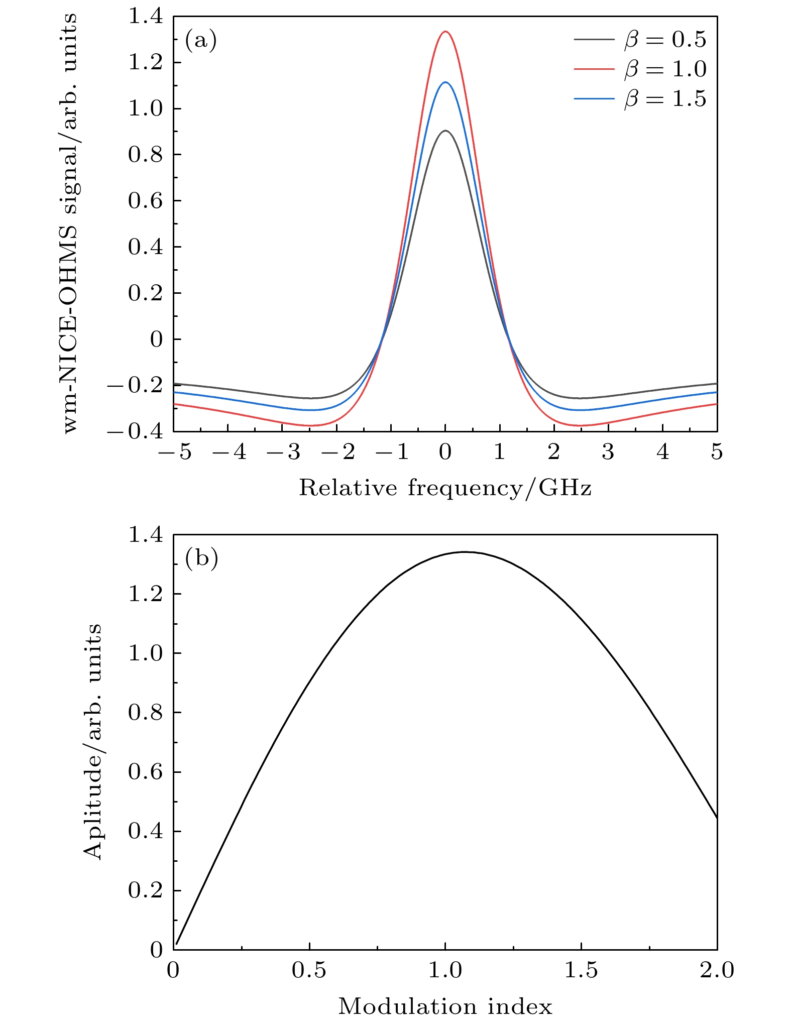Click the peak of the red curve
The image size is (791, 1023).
(x=445, y=32)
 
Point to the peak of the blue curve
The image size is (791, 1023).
(x=445, y=82)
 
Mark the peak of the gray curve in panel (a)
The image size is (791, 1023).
(x=445, y=131)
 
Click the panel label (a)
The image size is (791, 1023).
(x=201, y=40)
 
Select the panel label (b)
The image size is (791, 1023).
(x=201, y=558)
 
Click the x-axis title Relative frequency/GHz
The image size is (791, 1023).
(x=445, y=488)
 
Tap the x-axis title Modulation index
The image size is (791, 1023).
(x=445, y=1006)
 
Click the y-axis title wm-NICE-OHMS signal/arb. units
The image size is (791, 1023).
(x=70, y=223)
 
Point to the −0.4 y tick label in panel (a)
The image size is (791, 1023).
(x=136, y=432)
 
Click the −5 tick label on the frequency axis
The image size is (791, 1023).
(x=174, y=452)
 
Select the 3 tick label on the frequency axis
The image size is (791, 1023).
(x=608, y=452)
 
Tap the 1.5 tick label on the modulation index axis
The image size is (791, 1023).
(x=581, y=970)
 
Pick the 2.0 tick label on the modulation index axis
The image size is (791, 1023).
(x=717, y=970)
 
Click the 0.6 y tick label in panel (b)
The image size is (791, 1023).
(x=146, y=772)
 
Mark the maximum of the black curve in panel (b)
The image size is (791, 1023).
(x=465, y=552)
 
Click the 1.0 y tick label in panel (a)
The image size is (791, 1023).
(x=146, y=108)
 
